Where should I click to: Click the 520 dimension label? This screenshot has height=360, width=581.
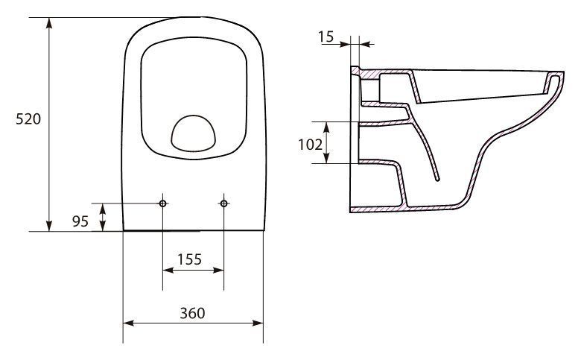(28, 119)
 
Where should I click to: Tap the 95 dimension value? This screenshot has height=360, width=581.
(80, 221)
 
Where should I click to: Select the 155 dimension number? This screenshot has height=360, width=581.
(189, 259)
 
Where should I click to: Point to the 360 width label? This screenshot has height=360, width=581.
(192, 313)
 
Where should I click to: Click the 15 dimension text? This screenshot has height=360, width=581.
(326, 37)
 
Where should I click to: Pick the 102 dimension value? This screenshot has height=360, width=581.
(310, 144)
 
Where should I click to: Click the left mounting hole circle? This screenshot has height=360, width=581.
(162, 203)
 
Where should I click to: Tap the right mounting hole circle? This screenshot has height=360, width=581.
(223, 203)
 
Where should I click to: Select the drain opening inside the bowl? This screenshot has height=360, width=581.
(194, 133)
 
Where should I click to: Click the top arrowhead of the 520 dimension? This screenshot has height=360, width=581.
(49, 22)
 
